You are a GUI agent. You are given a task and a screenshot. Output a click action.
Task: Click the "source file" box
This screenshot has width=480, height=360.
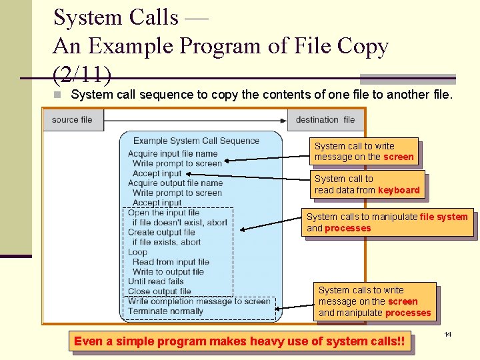[72, 120]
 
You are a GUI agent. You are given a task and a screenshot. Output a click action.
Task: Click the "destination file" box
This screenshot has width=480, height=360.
[325, 120]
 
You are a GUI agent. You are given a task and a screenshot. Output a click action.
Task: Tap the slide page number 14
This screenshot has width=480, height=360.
[448, 333]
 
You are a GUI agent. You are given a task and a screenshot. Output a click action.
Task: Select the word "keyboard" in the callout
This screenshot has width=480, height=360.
[399, 190]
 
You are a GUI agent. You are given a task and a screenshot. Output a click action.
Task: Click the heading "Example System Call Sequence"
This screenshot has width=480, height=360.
[196, 141]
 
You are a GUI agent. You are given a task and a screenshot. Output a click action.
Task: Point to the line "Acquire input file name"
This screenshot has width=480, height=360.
[173, 154]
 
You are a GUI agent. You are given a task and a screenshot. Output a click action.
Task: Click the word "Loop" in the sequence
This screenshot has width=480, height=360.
[137, 252]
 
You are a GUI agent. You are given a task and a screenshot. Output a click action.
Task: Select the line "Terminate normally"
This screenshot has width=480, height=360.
[165, 311]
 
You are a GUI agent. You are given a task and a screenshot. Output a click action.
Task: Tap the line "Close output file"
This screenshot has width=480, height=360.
[159, 291]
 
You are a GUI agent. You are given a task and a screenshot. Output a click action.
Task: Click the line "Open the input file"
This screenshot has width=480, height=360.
[163, 213]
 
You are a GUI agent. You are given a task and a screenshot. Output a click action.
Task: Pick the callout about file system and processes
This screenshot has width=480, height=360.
[387, 222]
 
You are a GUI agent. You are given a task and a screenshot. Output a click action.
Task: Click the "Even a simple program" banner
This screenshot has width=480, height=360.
[239, 341]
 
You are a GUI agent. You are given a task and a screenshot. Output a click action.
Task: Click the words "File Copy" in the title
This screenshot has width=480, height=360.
[347, 46]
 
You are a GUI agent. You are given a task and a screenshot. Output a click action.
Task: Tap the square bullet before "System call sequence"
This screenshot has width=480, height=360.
[58, 95]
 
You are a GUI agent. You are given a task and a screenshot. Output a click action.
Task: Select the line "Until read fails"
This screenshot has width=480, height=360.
[155, 281]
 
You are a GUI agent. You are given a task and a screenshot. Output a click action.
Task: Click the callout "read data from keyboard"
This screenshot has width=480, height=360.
[367, 185]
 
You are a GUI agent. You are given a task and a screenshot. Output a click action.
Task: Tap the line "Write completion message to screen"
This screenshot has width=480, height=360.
[199, 301]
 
